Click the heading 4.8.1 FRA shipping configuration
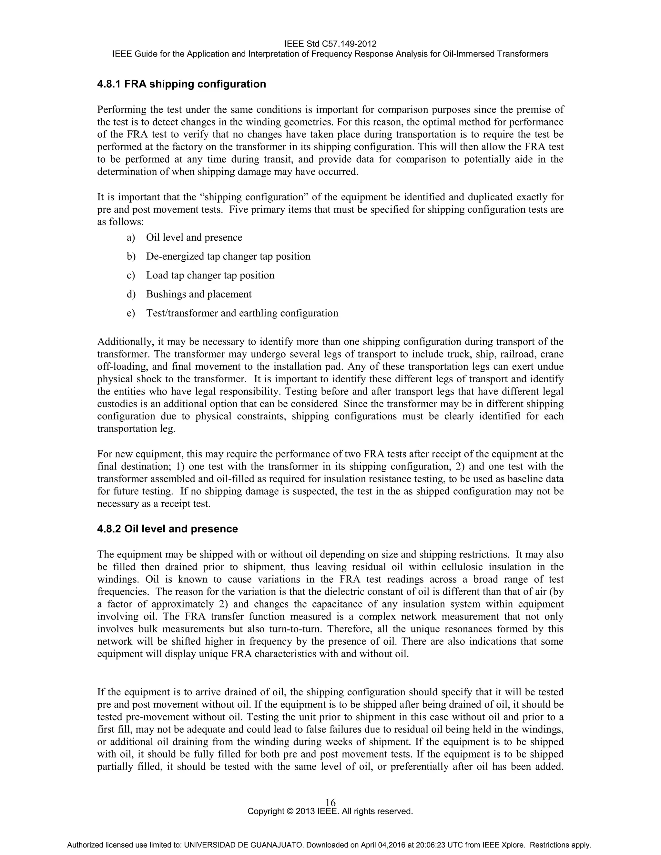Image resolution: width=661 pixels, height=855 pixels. (181, 84)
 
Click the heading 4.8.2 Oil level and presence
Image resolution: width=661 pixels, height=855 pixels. (167, 529)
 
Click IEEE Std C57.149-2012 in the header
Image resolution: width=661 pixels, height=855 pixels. (330, 44)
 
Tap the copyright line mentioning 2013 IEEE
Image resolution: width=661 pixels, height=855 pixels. (330, 811)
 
